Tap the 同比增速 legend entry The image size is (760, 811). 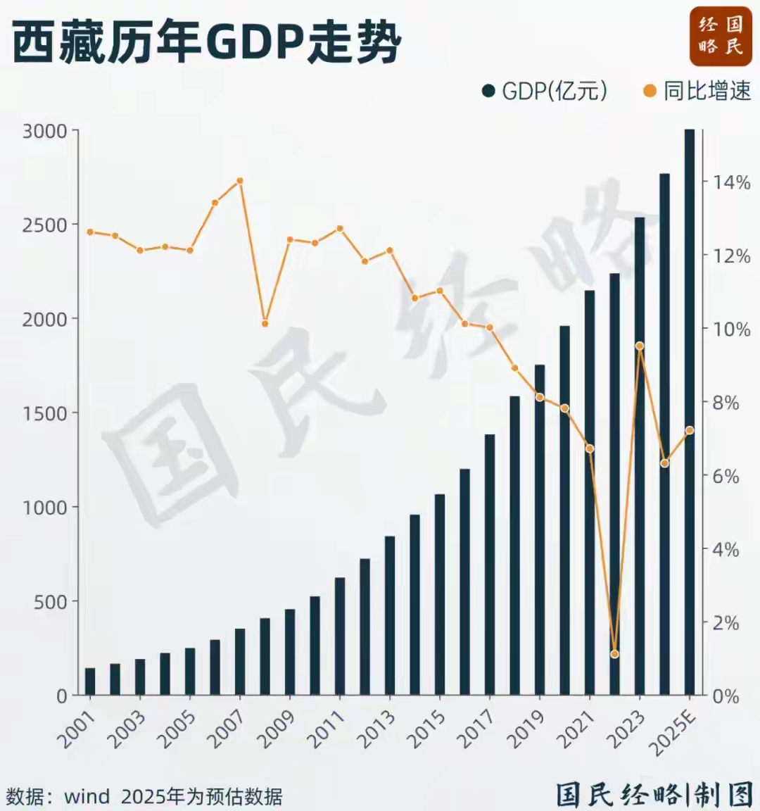coord(697,91)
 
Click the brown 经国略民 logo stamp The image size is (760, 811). coord(720,36)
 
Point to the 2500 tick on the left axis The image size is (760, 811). coord(45,225)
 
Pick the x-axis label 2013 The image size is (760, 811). coord(376,729)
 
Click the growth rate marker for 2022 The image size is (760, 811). coord(614,654)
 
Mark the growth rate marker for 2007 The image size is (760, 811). coord(240,181)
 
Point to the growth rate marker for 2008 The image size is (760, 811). coord(265,324)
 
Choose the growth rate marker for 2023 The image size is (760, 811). coord(640,346)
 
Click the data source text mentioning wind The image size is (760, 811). coord(144,796)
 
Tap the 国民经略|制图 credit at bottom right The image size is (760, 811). coord(654,795)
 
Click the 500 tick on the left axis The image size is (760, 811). coord(51,602)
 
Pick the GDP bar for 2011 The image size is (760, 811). coord(340,636)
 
